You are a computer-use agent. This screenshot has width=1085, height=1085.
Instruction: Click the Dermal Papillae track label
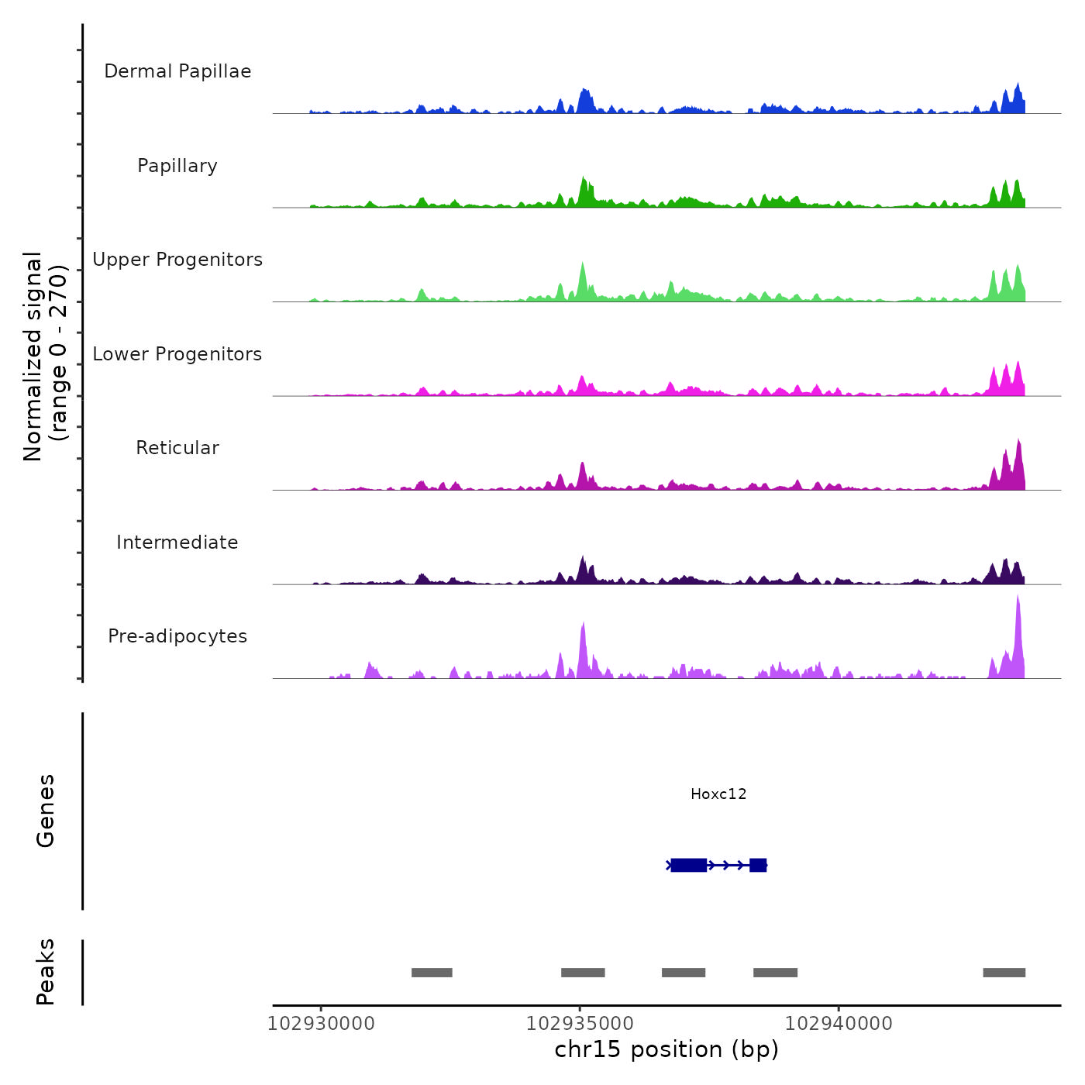[x=177, y=71]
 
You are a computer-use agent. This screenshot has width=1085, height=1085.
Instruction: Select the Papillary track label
[x=177, y=166]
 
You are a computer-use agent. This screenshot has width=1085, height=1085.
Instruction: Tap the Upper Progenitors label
[x=177, y=260]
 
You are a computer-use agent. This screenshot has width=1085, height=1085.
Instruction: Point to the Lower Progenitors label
[x=177, y=354]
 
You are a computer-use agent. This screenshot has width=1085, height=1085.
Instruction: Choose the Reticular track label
[x=177, y=448]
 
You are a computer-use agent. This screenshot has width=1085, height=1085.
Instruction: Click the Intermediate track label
[x=177, y=542]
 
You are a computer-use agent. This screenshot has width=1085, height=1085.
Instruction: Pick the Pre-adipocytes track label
[x=177, y=636]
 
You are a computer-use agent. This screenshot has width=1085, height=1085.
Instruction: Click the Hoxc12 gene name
[x=718, y=794]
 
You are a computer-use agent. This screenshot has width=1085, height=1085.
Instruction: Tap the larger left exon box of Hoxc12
[x=688, y=865]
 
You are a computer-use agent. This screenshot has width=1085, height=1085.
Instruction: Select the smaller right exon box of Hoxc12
[x=758, y=865]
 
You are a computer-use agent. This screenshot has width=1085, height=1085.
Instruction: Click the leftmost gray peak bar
[x=432, y=973]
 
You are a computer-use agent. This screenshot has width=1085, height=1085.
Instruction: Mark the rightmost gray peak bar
[x=1004, y=973]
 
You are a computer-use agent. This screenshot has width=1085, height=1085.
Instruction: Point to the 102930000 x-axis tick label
[x=321, y=1024]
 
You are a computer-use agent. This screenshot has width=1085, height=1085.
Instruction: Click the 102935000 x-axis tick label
[x=580, y=1024]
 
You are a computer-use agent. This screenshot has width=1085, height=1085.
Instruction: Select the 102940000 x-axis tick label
[x=839, y=1024]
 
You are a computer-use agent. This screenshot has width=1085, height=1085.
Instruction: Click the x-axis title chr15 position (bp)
[x=666, y=1049]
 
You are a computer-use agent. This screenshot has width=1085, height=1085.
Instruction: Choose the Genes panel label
[x=46, y=811]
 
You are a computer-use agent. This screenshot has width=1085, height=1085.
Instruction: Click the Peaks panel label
[x=46, y=972]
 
